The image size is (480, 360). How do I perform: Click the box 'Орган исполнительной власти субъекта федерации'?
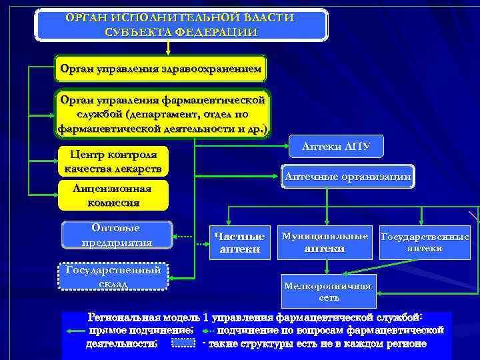click(181, 24)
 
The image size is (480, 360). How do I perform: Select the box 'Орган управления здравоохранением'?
click(161, 68)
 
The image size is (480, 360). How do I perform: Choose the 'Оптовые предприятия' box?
click(117, 235)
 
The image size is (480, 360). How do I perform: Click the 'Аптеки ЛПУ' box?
click(336, 146)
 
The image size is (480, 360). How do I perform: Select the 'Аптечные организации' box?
click(348, 176)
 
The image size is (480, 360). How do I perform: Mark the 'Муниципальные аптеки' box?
click(325, 242)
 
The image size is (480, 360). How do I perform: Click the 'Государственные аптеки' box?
click(425, 242)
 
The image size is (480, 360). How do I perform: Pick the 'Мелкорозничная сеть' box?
click(327, 291)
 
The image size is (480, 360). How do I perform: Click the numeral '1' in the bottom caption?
click(207, 318)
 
